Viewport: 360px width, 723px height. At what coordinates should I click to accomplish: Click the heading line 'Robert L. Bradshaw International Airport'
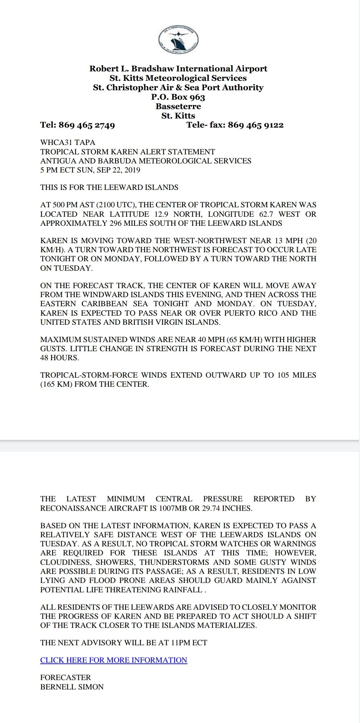pyautogui.click(x=178, y=68)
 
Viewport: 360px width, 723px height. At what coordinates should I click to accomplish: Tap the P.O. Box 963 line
pyautogui.click(x=178, y=97)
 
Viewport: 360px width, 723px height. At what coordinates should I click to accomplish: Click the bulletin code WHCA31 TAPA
pyautogui.click(x=68, y=142)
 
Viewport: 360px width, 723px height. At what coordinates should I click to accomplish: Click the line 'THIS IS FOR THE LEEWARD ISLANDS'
pyautogui.click(x=109, y=187)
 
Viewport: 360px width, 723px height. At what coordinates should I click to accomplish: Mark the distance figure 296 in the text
pyautogui.click(x=115, y=223)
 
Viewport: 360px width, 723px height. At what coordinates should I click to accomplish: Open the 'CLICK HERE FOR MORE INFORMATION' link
pyautogui.click(x=113, y=660)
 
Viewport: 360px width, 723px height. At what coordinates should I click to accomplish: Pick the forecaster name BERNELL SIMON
pyautogui.click(x=72, y=687)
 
